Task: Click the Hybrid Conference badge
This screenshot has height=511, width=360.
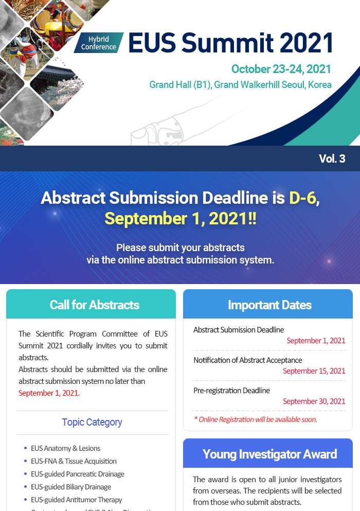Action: point(99,43)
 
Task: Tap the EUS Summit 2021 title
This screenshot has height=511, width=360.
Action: point(231,43)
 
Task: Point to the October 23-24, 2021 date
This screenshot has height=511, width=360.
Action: point(281,69)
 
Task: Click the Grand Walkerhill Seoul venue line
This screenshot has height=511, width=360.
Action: point(241,85)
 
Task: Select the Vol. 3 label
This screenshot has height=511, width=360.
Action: point(332,158)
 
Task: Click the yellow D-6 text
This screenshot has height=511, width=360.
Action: point(303,198)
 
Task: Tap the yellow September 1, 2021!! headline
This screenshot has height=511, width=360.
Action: point(181,218)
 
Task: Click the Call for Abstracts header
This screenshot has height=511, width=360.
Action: point(95,305)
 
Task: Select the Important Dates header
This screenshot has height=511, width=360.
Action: point(270,305)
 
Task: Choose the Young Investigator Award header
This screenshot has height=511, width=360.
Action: point(270,454)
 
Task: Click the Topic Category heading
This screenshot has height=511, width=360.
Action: point(92,422)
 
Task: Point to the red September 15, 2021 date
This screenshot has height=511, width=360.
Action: point(314,371)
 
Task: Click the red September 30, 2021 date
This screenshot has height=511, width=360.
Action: point(314,401)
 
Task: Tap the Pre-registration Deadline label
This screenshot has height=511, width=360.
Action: point(231,391)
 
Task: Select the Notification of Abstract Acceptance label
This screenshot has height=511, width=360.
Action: point(247,360)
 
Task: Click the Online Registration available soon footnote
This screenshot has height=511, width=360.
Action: point(256,419)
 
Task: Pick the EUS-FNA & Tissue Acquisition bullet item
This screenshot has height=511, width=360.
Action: point(74,461)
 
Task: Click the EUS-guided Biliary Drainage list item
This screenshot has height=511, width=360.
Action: point(71,487)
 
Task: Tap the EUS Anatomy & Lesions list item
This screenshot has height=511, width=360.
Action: point(65,448)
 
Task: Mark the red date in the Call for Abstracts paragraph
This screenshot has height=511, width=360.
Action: point(49,393)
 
